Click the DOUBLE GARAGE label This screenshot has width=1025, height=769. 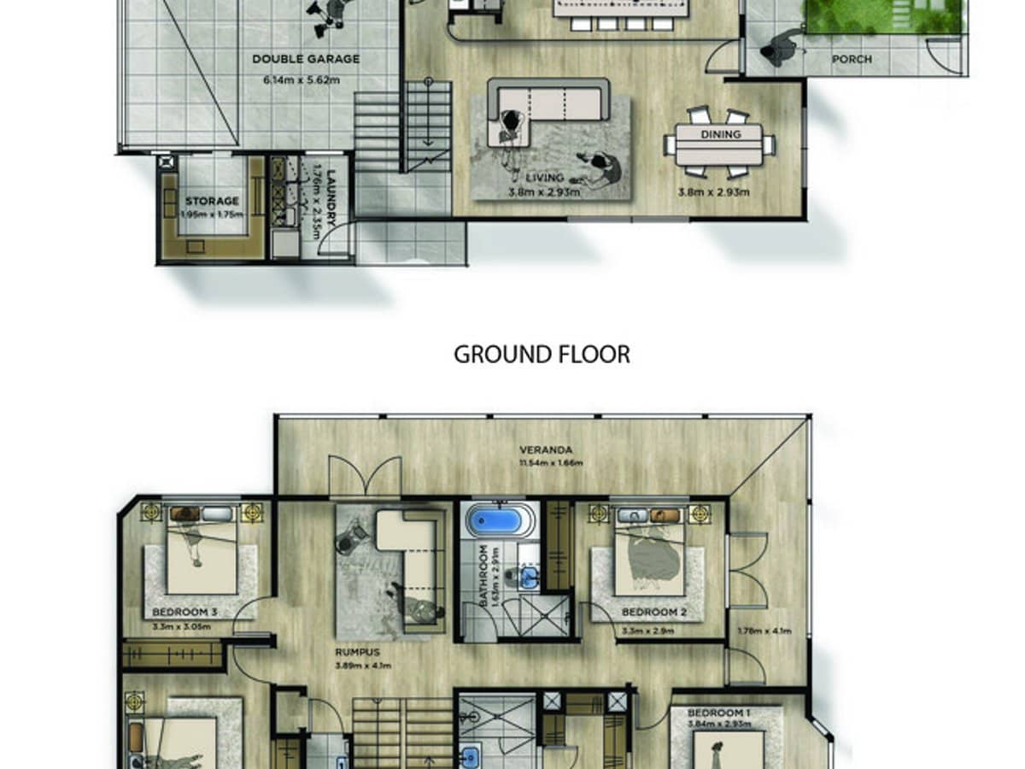click(x=305, y=59)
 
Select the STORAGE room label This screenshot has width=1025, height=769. click(x=212, y=202)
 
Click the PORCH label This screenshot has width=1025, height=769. click(x=851, y=59)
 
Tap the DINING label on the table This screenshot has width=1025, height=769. click(x=719, y=134)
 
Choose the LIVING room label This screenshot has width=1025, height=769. click(x=544, y=178)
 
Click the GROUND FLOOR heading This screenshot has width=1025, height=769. click(x=542, y=355)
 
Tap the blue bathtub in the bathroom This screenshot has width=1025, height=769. click(x=500, y=520)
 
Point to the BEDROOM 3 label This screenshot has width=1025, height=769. click(x=184, y=613)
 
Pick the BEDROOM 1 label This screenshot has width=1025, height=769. click(x=719, y=713)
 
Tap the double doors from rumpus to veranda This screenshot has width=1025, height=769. click(x=365, y=476)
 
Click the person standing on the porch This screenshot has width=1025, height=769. click(x=782, y=48)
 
